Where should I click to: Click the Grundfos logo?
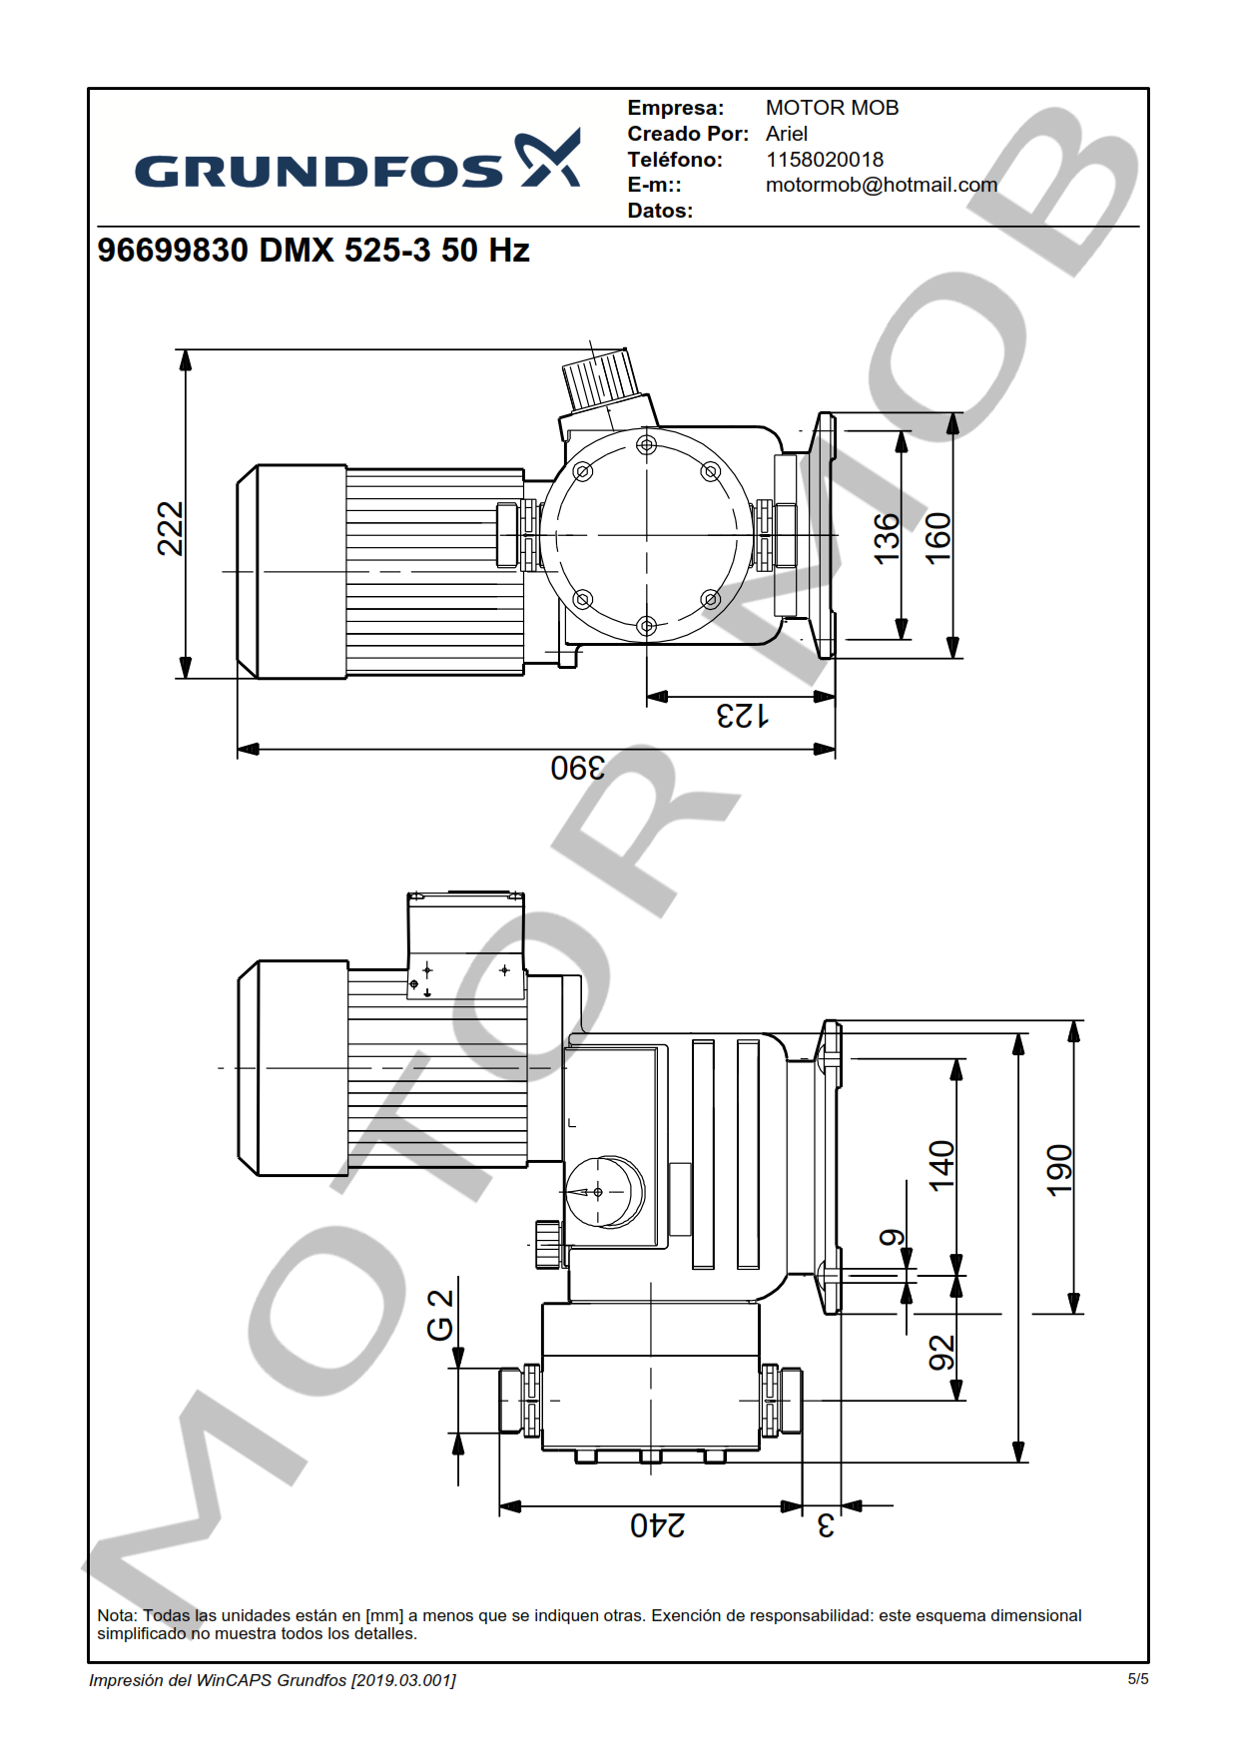point(357,160)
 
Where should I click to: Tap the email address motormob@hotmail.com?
point(882,185)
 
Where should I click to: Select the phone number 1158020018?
point(825,160)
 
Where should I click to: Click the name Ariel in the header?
point(787,134)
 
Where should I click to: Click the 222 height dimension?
point(171,528)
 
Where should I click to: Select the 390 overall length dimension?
point(578,768)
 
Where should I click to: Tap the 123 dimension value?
point(742,716)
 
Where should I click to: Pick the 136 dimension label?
point(887,539)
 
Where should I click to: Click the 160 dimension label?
point(937,538)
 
